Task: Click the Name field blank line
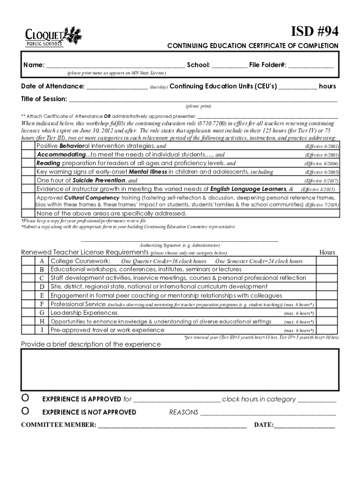click(x=115, y=65)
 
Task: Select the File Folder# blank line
click(x=310, y=65)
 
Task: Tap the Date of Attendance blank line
click(x=116, y=87)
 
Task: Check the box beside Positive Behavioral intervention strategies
click(x=29, y=146)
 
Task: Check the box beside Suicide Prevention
click(x=29, y=180)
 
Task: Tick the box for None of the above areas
click(x=29, y=213)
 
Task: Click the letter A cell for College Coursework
click(x=42, y=261)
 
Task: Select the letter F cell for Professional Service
click(x=42, y=304)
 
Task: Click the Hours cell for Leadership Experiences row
click(x=327, y=312)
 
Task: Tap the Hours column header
click(x=327, y=253)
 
